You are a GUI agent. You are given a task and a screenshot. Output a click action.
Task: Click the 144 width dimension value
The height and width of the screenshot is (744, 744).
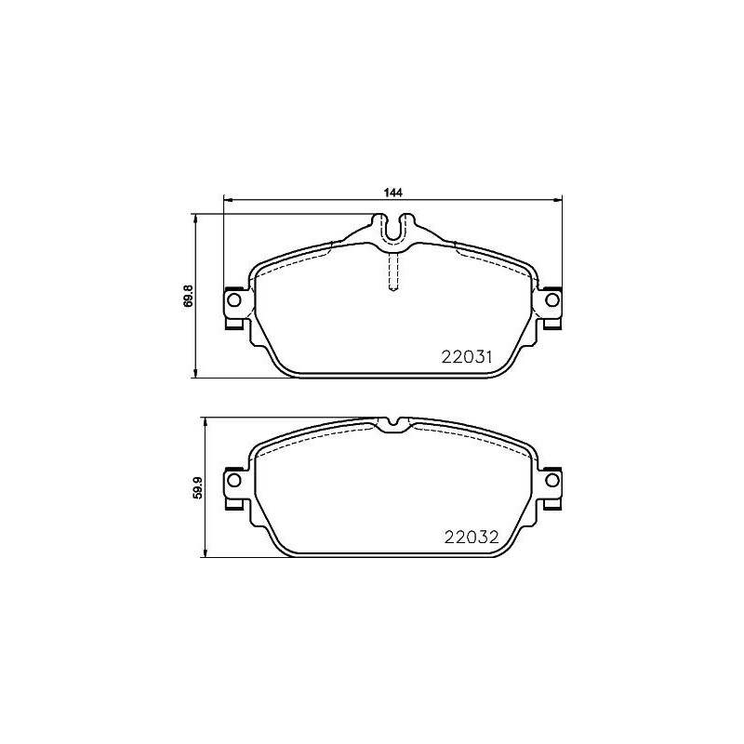(392, 193)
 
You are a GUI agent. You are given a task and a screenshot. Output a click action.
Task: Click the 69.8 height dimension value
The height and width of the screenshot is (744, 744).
(188, 296)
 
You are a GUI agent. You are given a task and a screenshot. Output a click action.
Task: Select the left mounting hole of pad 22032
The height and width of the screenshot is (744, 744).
(233, 480)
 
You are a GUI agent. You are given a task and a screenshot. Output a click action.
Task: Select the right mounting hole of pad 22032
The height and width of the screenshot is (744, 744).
(551, 480)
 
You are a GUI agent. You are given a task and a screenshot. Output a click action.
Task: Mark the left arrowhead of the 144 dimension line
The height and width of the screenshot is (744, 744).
(226, 199)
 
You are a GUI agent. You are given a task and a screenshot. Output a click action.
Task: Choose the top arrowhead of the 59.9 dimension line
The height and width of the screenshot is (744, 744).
(206, 420)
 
